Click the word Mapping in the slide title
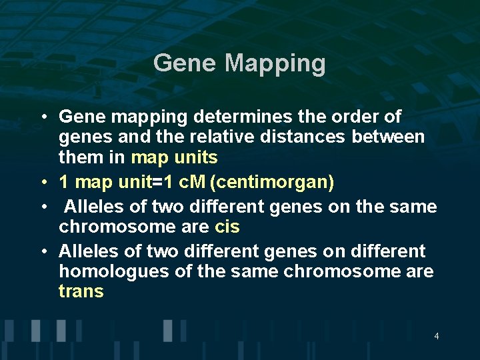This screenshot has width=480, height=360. pyautogui.click(x=275, y=64)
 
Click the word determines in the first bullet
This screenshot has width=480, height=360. pyautogui.click(x=241, y=117)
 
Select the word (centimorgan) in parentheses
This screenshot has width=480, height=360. pyautogui.click(x=272, y=182)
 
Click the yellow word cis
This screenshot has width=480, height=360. pyautogui.click(x=227, y=227)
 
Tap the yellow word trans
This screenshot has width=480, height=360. pyautogui.click(x=81, y=291)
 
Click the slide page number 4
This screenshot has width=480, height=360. pyautogui.click(x=436, y=336)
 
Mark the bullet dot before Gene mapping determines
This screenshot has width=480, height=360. pyautogui.click(x=42, y=117)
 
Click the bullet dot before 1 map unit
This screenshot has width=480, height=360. pyautogui.click(x=42, y=182)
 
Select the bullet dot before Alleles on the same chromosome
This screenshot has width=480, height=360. pyautogui.click(x=42, y=207)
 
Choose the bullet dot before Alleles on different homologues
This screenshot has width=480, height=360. pyautogui.click(x=42, y=251)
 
